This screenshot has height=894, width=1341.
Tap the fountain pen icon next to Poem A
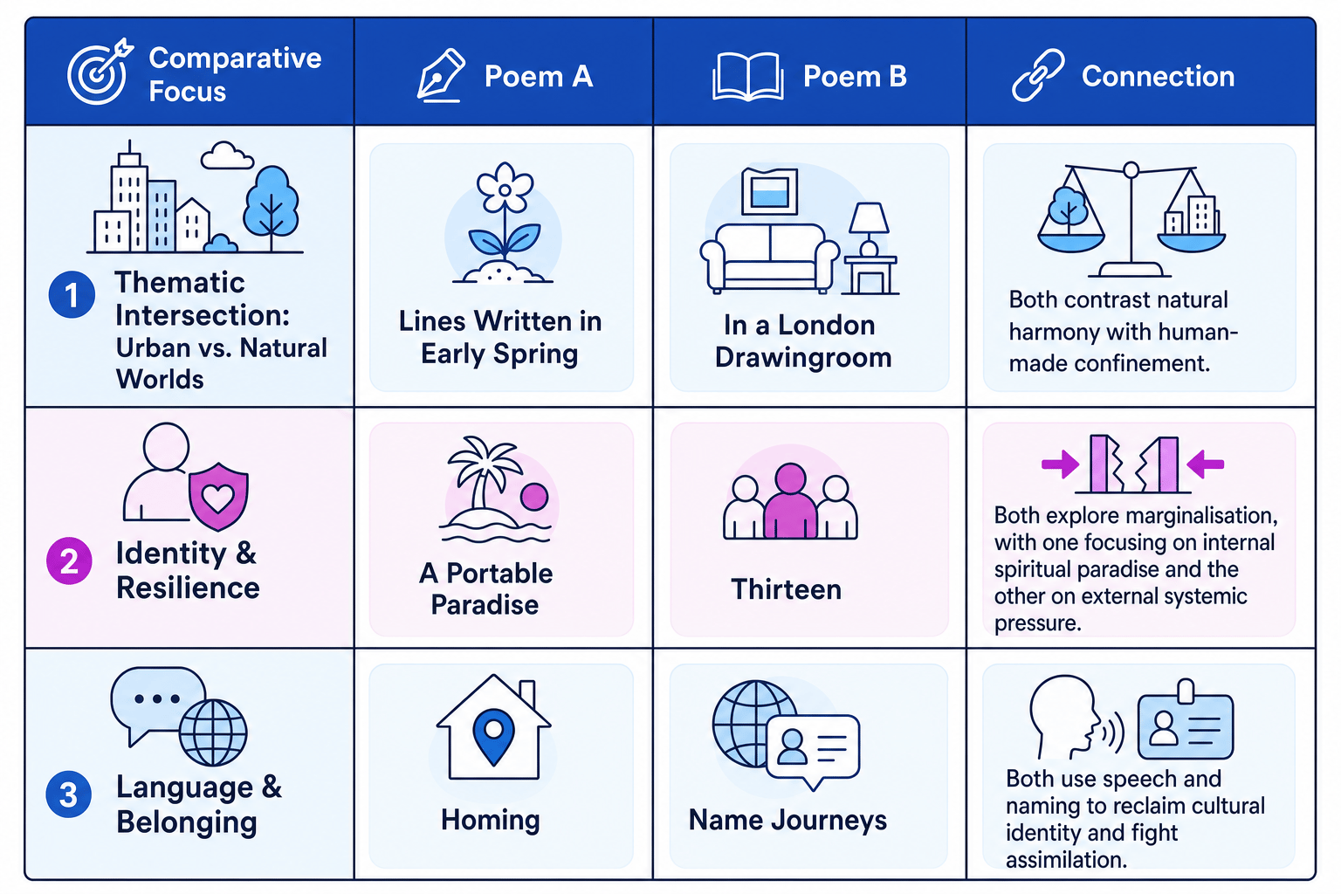pos(441,75)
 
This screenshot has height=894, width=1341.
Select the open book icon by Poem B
pos(747,76)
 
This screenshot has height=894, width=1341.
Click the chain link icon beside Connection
pos(1038,75)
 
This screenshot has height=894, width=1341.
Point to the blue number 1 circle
pos(72,294)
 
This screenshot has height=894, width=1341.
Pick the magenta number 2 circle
pos(70,561)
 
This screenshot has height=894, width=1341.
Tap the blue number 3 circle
pos(69,794)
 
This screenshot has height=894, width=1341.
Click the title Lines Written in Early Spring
pos(500,337)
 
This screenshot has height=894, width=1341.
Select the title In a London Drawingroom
pos(803,341)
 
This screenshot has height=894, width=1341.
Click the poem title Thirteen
pos(786,589)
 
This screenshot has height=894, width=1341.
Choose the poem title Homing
pos(491,821)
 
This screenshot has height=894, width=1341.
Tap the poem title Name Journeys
pos(787,821)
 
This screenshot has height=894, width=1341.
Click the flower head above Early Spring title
pos(505,188)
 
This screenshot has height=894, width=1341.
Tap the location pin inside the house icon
pos(493,737)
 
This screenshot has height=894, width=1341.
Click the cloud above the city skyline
pos(226,155)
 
